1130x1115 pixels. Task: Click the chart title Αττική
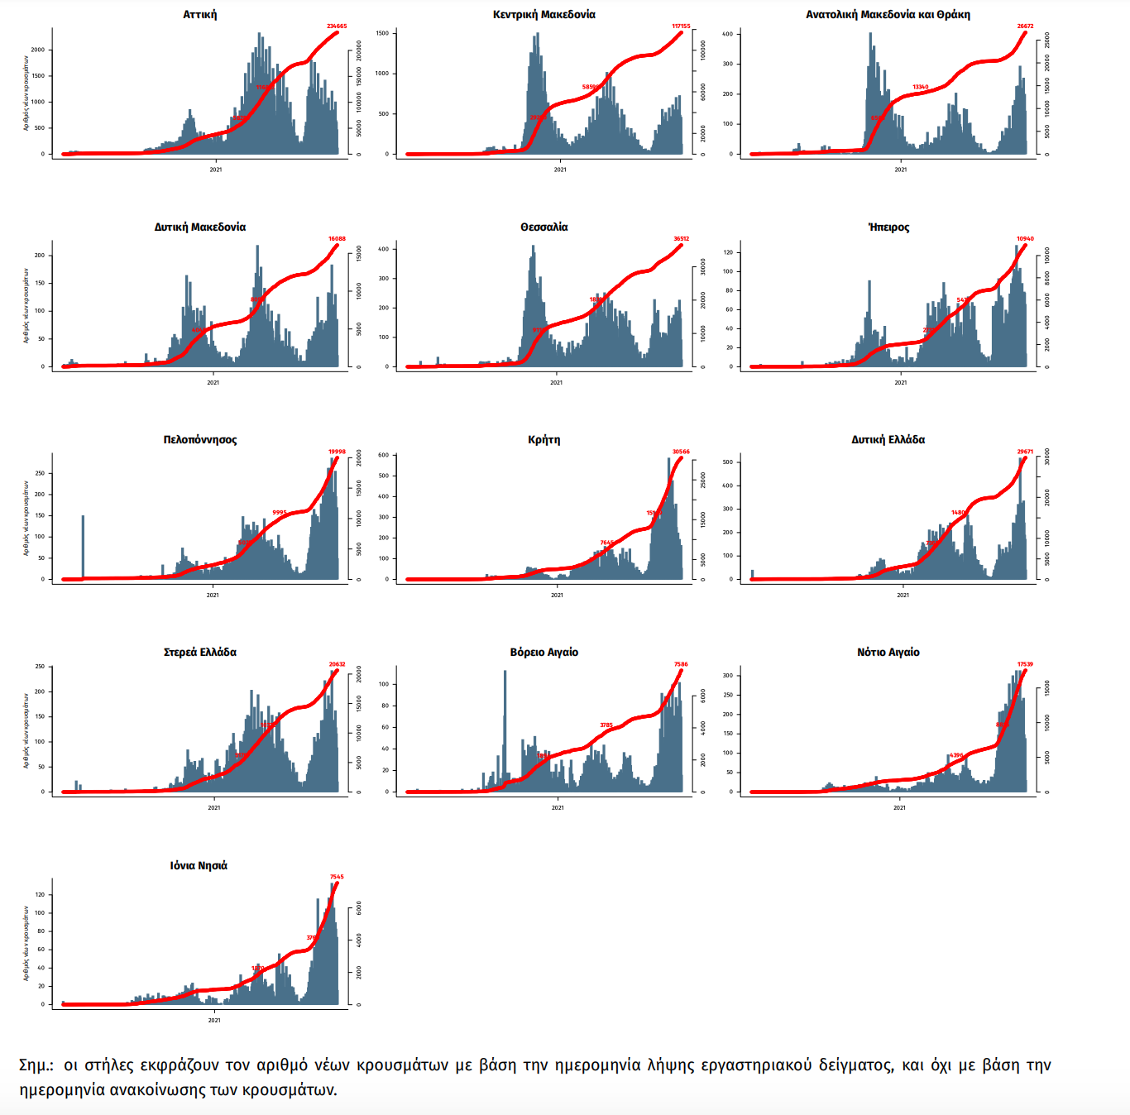click(200, 15)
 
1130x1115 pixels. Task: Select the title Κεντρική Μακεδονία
click(543, 15)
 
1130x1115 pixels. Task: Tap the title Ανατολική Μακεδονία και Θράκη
click(888, 15)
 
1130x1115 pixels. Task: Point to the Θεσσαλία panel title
click(543, 227)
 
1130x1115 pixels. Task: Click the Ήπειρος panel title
click(888, 227)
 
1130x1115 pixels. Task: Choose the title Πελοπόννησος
click(200, 440)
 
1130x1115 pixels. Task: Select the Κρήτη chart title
click(543, 440)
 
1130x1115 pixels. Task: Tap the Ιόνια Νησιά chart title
click(199, 866)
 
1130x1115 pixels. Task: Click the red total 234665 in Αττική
click(337, 26)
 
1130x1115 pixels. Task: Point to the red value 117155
click(681, 26)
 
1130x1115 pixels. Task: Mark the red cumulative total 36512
click(681, 239)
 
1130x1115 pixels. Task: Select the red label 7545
click(337, 877)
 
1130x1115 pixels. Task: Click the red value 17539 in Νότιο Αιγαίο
click(1025, 664)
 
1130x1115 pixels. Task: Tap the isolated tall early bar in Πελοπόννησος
click(83, 546)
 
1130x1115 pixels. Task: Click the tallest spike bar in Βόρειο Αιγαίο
click(505, 728)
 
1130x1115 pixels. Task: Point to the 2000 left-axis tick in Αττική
click(38, 50)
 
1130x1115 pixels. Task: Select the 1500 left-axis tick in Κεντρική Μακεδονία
click(382, 34)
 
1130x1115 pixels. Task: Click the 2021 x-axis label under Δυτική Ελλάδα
click(903, 595)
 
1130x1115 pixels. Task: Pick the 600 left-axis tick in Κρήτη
click(383, 455)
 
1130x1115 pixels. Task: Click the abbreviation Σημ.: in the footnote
click(36, 1065)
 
